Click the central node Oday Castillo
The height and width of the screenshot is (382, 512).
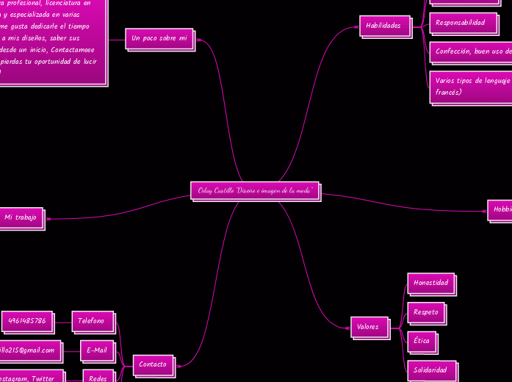tap(256, 190)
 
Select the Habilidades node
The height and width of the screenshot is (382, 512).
tap(384, 26)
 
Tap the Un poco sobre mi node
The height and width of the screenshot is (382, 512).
tap(159, 37)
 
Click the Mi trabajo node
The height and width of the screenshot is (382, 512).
tap(21, 217)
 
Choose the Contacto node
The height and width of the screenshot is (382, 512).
tap(153, 364)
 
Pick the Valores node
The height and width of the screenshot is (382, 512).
tap(368, 326)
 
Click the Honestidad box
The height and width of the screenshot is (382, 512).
tap(430, 283)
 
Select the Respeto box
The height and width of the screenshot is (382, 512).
tap(426, 312)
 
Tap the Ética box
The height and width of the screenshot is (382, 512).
tap(422, 341)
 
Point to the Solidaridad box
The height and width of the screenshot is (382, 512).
tap(430, 370)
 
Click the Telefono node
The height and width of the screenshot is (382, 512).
tap(92, 321)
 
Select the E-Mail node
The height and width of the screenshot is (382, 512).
tap(97, 350)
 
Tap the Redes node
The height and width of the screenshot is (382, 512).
tap(98, 378)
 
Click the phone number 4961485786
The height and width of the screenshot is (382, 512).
tap(27, 321)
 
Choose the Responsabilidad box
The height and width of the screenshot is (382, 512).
tap(461, 23)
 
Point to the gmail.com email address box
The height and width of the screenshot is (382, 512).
tap(29, 350)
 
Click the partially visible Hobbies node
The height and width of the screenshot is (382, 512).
tap(501, 209)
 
